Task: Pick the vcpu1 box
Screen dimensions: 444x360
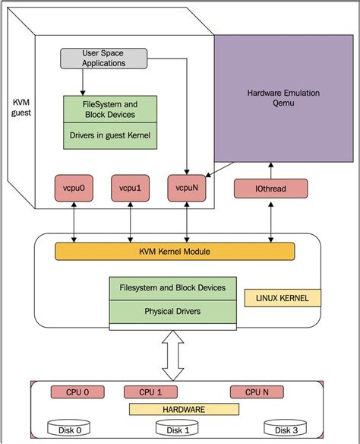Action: click(x=131, y=187)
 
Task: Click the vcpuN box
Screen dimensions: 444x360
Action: click(x=187, y=187)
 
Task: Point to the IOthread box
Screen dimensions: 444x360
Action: click(x=270, y=188)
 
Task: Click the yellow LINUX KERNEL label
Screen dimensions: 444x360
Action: click(x=283, y=298)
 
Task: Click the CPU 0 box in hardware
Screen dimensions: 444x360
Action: click(x=76, y=392)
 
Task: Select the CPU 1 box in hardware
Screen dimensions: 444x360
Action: click(x=150, y=392)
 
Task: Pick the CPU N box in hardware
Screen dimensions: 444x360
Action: click(x=256, y=392)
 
